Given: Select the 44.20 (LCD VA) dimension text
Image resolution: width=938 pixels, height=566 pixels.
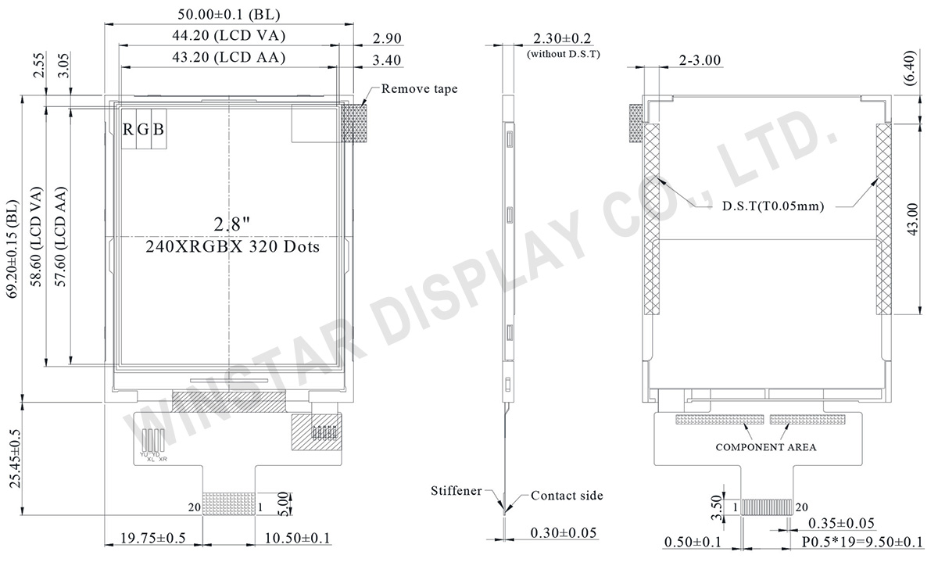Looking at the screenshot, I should (x=227, y=36).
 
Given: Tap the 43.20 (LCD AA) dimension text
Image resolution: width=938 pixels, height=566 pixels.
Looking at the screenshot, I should (x=227, y=57).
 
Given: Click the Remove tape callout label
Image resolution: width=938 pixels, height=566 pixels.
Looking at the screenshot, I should (x=419, y=89).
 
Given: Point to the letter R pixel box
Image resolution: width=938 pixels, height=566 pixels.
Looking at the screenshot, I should (x=128, y=130).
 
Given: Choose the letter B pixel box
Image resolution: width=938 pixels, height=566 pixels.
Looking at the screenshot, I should (x=158, y=130).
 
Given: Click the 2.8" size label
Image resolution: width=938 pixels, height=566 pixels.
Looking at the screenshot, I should (x=231, y=224).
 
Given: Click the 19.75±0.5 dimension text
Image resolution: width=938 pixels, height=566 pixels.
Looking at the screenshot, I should (x=153, y=539).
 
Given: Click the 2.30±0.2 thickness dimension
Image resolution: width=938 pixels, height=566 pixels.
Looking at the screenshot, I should (x=562, y=38).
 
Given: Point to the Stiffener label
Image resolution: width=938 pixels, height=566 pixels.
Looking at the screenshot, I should (x=455, y=491).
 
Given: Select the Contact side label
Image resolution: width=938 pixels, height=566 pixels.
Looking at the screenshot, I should (x=567, y=496).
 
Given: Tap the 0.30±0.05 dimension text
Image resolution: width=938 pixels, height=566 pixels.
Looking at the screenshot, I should (x=564, y=533).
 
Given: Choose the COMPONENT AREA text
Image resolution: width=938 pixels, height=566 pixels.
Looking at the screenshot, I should (x=766, y=447).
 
